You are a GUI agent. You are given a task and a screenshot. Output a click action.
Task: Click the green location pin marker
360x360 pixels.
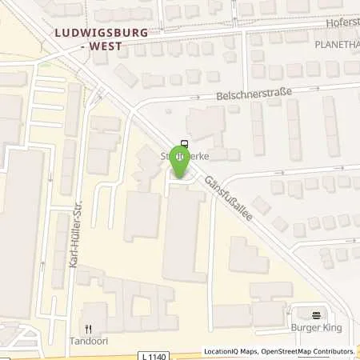point(180,162)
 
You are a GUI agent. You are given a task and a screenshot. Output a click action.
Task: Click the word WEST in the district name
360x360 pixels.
point(106,46)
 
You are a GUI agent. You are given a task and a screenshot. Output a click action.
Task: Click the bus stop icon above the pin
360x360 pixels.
point(184,145)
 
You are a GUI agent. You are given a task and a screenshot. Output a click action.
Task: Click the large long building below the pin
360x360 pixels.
point(183,232)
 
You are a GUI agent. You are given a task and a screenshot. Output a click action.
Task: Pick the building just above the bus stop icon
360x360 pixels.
point(200,124)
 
